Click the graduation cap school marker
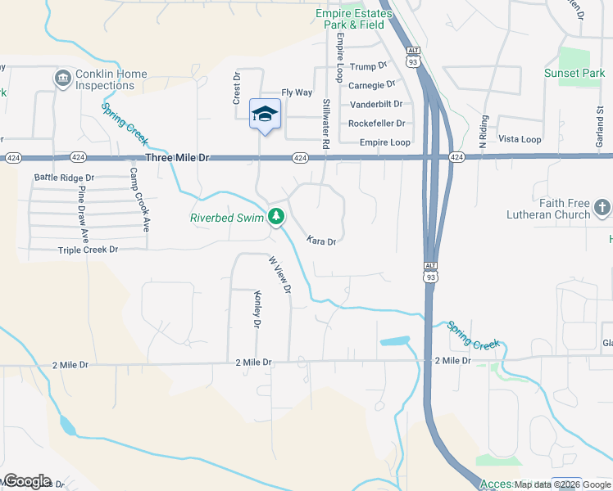tap(265, 114)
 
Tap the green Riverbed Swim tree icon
tap(278, 217)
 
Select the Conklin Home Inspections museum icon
tap(61, 79)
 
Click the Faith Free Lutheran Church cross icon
tap(602, 208)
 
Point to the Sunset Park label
tap(574, 74)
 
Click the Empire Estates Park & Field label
tap(350, 19)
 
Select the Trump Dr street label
tap(367, 66)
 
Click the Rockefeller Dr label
tap(377, 124)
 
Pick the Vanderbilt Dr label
tap(376, 104)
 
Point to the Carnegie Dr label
tap(372, 84)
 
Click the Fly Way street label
tap(297, 92)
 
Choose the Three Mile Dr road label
tap(178, 157)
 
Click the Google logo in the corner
tap(27, 481)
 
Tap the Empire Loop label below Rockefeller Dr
tap(385, 142)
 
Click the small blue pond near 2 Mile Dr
tap(394, 340)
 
